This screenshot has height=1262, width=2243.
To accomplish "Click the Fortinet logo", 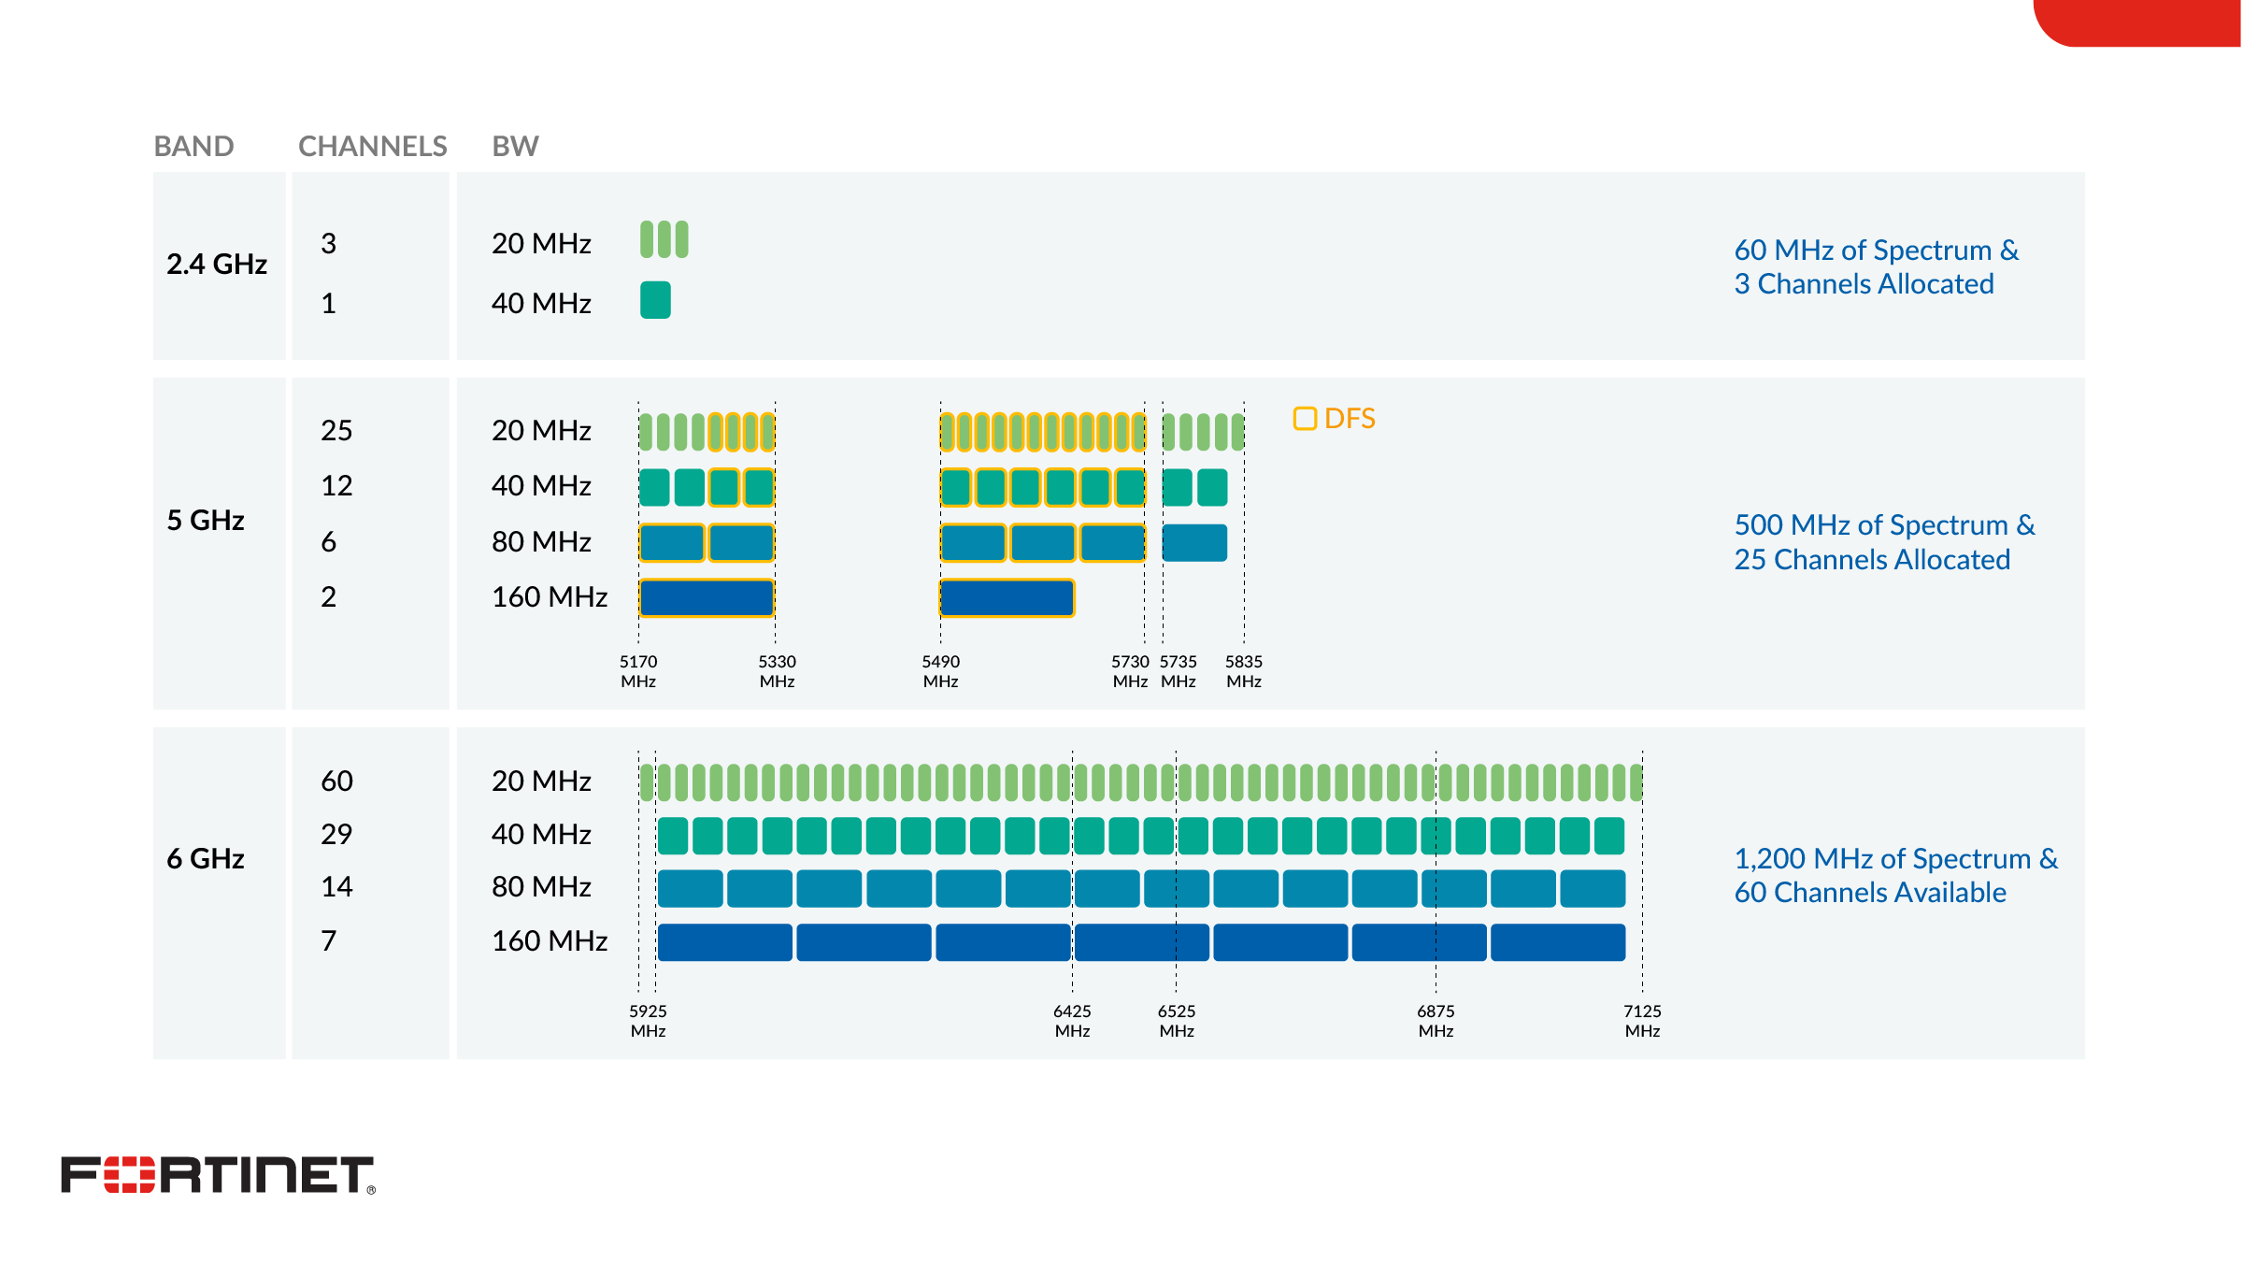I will [x=217, y=1175].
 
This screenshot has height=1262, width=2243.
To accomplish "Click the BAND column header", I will [x=193, y=146].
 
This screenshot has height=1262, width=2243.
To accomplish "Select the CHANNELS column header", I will [x=372, y=146].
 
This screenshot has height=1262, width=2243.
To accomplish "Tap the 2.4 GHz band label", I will [x=217, y=265].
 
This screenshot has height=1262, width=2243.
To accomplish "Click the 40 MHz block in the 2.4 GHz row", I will [x=655, y=300].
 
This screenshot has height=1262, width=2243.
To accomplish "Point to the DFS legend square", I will [x=1305, y=418].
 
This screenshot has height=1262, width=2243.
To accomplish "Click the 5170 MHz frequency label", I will [x=638, y=671].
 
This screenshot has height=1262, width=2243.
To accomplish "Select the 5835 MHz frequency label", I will [x=1244, y=671].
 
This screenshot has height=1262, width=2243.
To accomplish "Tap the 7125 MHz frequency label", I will [x=1642, y=1021].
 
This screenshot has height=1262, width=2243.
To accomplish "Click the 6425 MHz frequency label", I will [x=1072, y=1021].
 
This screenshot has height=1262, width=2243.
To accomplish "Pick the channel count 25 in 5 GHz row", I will [x=336, y=430].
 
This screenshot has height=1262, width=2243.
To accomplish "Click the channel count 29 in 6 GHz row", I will [x=336, y=834].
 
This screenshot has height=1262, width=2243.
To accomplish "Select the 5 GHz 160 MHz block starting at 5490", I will [x=1007, y=598].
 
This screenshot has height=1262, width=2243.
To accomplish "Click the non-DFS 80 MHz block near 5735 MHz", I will [x=1194, y=542].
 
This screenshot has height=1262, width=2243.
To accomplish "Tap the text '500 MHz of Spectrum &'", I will [x=1884, y=525].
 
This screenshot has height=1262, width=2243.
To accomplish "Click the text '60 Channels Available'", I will [x=1870, y=893].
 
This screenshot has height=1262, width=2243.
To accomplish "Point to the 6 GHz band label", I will [x=206, y=858].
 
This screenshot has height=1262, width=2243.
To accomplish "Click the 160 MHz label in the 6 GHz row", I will [x=550, y=940].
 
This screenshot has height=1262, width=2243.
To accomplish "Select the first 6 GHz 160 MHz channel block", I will [x=724, y=942].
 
